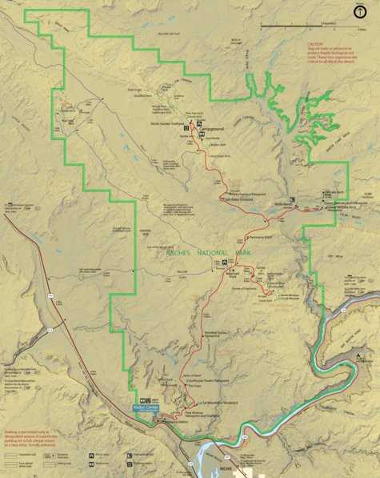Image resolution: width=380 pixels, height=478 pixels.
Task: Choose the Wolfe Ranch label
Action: pos(286,203)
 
